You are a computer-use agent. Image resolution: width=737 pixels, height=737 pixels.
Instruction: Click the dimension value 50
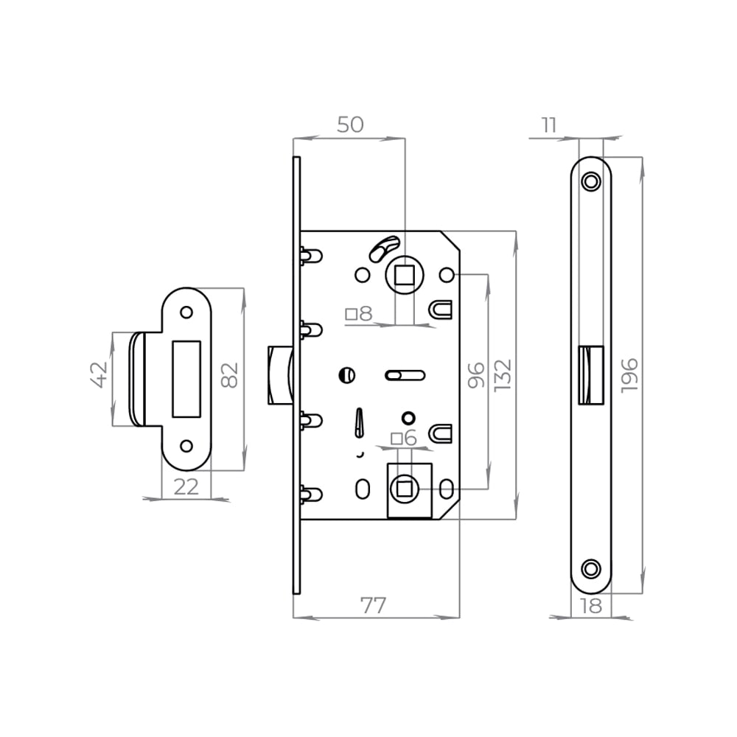350,125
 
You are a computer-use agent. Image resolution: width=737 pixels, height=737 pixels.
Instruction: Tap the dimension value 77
373,605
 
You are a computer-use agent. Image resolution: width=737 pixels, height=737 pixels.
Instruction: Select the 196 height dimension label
629,376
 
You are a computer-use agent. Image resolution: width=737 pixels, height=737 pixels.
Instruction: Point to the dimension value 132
503,374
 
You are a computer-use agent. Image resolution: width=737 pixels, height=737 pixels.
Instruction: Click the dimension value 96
476,374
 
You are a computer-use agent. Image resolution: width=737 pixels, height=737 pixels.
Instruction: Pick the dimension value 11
549,125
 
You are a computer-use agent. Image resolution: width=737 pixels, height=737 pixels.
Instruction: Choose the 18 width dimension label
591,606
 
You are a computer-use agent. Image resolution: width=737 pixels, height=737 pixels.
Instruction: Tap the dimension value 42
99,374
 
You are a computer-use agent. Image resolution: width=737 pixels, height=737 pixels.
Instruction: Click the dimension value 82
230,374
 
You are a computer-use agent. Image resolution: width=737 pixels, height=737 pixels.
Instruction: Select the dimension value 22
186,487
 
